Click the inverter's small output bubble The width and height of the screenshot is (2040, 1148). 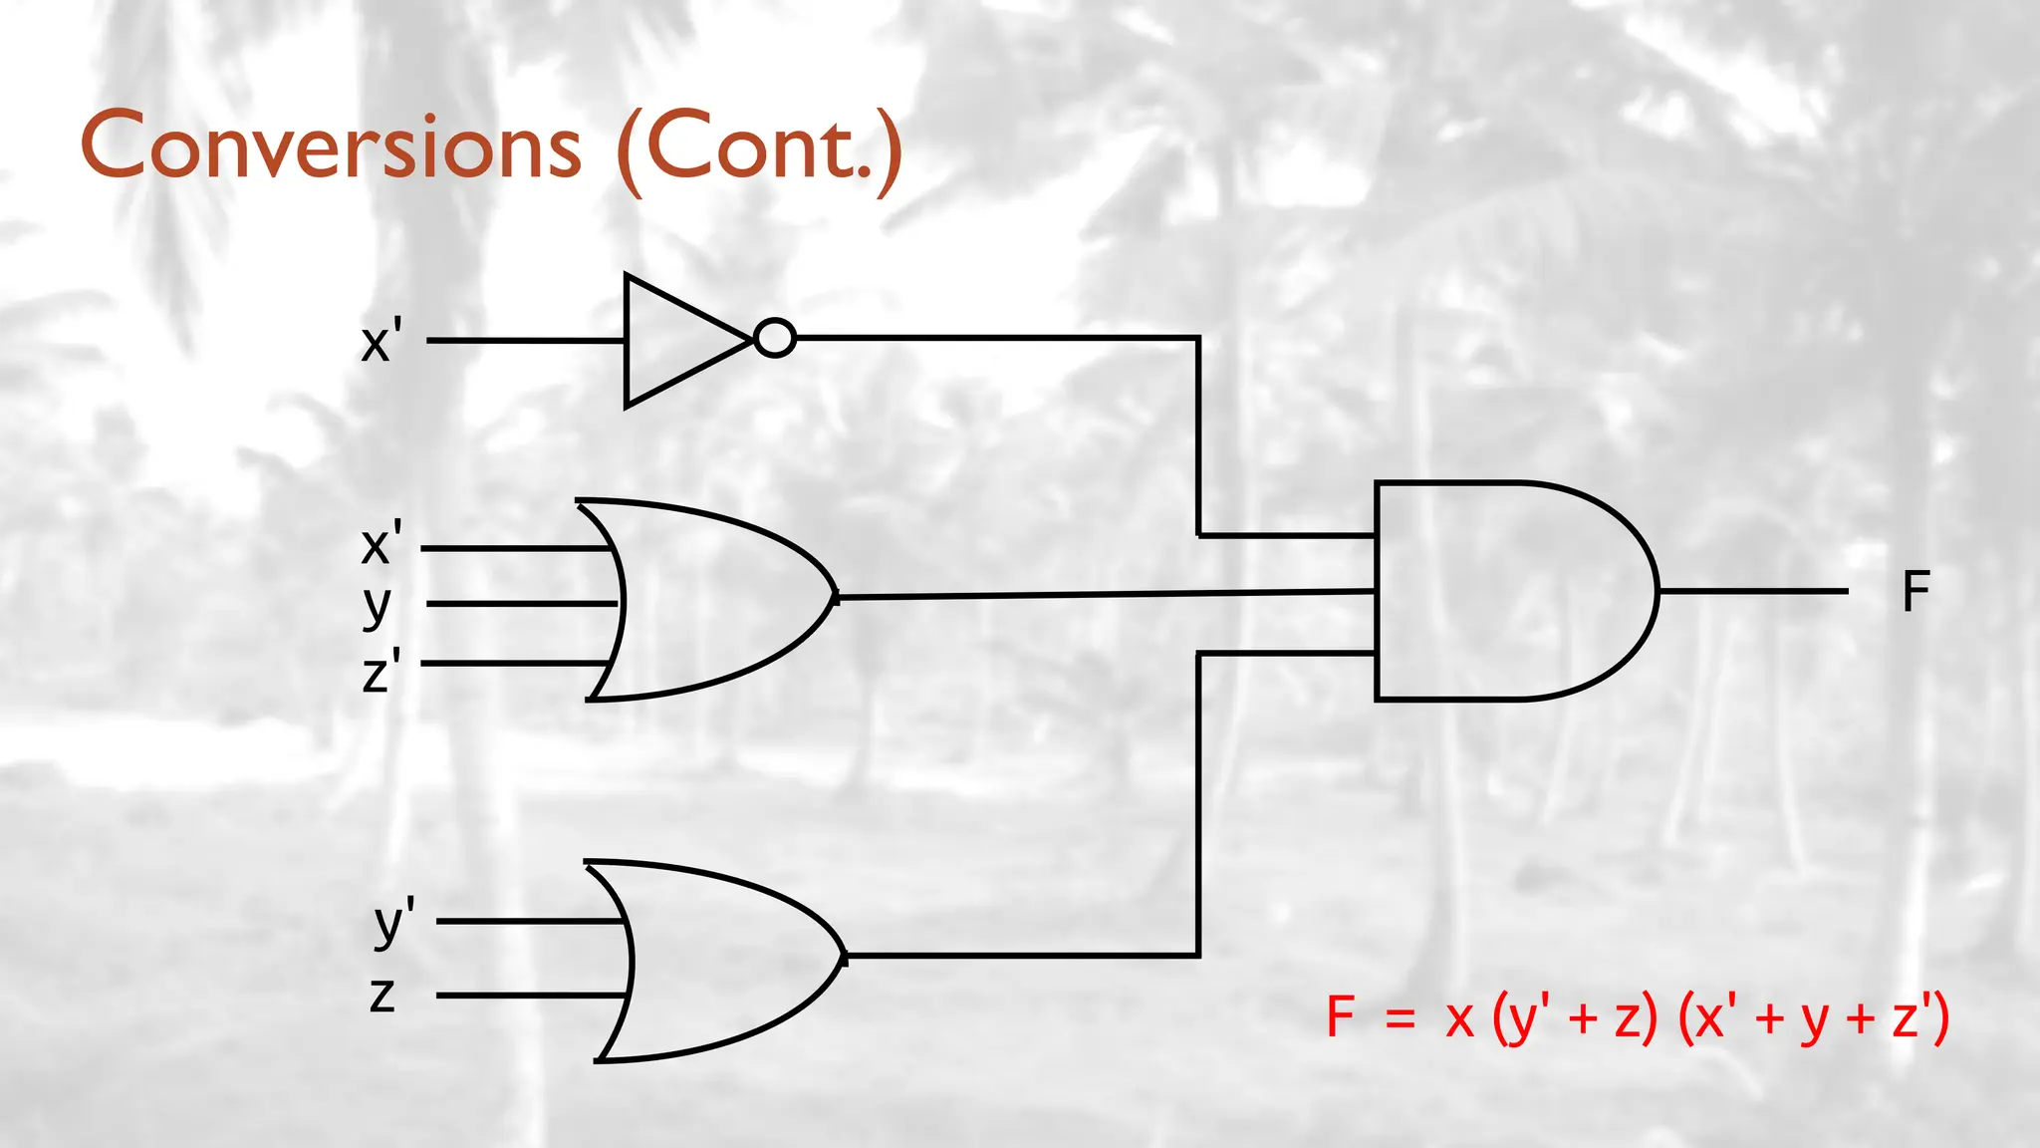775,338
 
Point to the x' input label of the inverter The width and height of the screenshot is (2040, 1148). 381,341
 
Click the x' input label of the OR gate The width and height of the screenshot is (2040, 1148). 381,543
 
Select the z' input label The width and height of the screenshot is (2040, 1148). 381,670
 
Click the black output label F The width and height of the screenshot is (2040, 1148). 1915,592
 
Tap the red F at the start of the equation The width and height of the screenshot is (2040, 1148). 1341,1017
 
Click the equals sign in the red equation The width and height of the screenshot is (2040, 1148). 1400,1018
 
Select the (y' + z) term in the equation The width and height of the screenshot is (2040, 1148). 1575,1018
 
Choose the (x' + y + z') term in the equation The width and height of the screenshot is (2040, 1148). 1813,1018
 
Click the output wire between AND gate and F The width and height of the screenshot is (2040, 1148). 1753,591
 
